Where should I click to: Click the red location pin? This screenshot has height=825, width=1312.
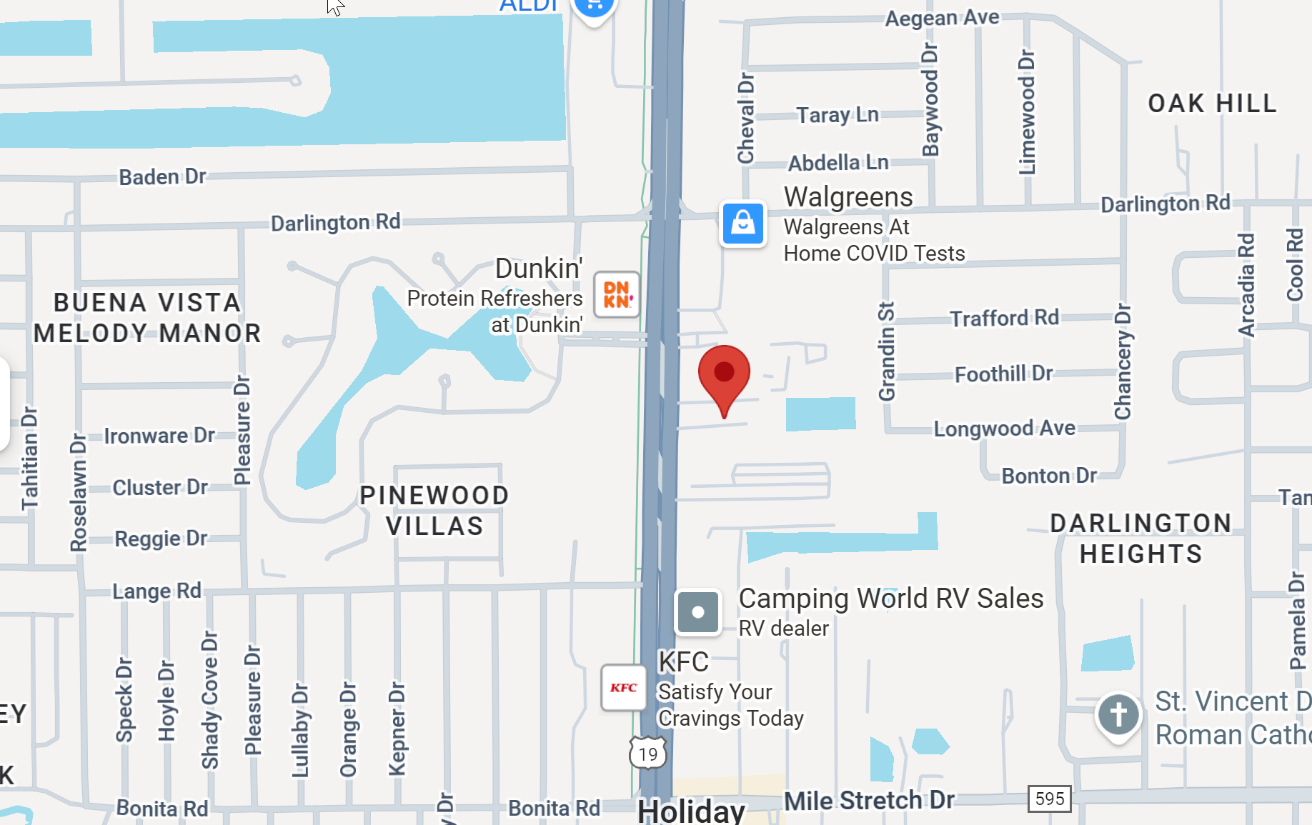[x=724, y=375]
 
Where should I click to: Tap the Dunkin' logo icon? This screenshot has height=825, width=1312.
[x=617, y=294]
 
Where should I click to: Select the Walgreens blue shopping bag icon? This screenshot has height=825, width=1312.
[x=742, y=224]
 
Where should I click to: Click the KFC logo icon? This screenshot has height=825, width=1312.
[x=623, y=687]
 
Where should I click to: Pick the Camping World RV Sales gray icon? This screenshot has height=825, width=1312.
[x=697, y=612]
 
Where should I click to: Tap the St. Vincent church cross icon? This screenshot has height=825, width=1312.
[x=1118, y=714]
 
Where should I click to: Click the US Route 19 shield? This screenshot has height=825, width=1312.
[x=648, y=754]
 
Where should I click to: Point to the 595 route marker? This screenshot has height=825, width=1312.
[x=1049, y=799]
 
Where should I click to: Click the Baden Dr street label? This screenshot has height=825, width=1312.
[x=162, y=176]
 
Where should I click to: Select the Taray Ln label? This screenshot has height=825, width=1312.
[x=838, y=115]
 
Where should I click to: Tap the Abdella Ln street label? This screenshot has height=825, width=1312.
[x=838, y=163]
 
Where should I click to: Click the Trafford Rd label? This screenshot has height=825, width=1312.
[x=1004, y=318]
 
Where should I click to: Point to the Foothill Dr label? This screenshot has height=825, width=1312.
[x=1003, y=374]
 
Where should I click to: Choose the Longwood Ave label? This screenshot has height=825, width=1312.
[x=1004, y=429]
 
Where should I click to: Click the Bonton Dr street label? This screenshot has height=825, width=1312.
[x=1048, y=476]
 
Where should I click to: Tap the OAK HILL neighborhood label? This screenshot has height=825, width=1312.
[x=1212, y=104]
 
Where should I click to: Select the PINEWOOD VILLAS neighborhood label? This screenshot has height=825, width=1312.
[x=434, y=511]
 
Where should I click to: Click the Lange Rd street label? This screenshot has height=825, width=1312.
[x=156, y=591]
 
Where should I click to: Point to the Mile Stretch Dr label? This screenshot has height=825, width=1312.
[x=869, y=801]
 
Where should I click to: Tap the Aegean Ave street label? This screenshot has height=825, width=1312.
[x=942, y=18]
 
